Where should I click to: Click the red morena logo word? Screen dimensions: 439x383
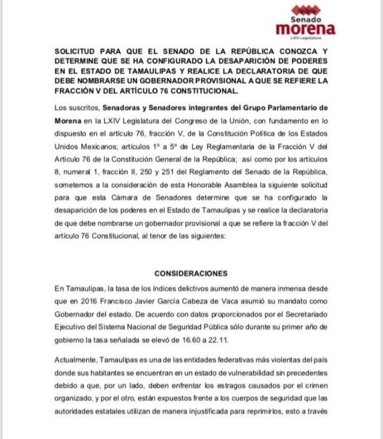[x=305, y=29]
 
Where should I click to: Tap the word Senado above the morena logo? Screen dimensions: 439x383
[x=306, y=19]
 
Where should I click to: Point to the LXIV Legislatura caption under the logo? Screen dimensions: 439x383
[x=306, y=38]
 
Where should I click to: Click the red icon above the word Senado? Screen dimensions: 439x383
[x=306, y=10]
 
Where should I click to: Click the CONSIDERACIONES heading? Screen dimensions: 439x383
[x=191, y=274]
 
